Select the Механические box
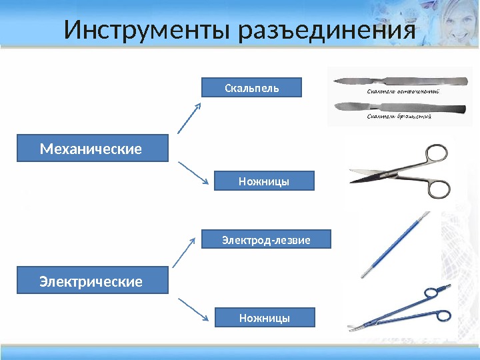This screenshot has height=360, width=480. point(92,149)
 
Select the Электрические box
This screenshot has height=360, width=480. point(92,281)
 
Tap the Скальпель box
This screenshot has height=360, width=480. point(252,87)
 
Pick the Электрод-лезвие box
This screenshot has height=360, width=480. point(266,239)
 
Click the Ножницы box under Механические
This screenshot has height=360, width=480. point(264,181)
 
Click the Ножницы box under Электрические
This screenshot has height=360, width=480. point(264,317)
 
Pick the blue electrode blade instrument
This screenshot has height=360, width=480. point(393,243)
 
